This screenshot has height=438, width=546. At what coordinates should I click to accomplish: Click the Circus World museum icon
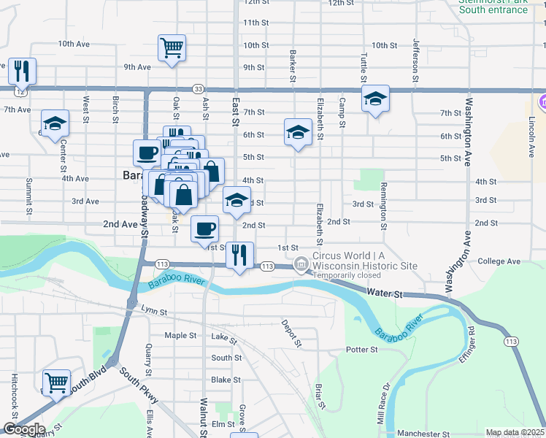(300, 264)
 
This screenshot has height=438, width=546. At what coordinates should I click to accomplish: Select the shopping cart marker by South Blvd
(56, 382)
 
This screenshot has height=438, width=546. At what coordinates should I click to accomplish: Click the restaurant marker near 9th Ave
(21, 71)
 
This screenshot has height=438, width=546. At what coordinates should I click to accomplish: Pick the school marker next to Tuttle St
(375, 99)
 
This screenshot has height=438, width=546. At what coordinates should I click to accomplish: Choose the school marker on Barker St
(297, 133)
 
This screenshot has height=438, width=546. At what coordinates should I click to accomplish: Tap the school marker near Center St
(55, 124)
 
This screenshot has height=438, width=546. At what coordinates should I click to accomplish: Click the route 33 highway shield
(199, 89)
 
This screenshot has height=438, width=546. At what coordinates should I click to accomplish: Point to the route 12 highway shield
(20, 93)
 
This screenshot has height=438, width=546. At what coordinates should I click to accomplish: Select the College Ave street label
(499, 261)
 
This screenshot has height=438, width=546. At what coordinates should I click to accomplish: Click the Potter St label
(361, 350)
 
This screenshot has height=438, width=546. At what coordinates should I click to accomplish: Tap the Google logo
(24, 429)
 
